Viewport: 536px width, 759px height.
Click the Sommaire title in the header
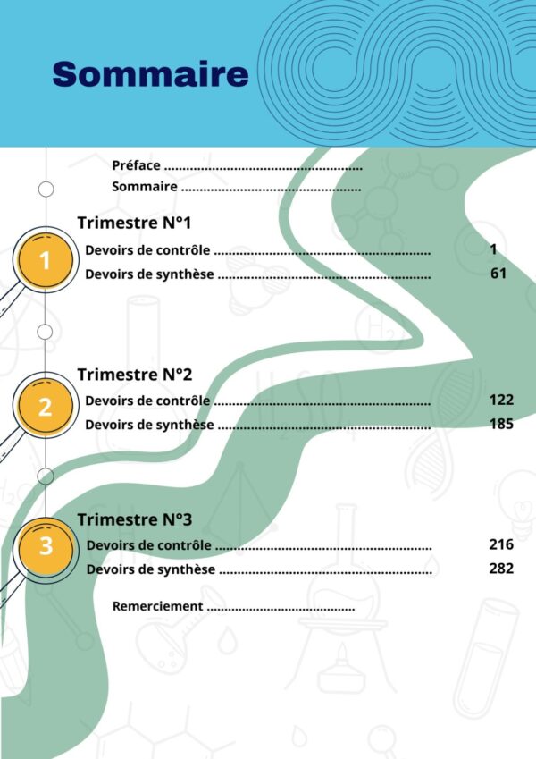(x=150, y=73)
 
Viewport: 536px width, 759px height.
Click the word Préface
(x=137, y=165)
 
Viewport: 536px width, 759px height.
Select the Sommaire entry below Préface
(x=145, y=187)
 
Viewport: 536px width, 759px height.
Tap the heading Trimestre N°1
(x=134, y=223)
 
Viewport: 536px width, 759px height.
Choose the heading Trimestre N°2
(x=134, y=374)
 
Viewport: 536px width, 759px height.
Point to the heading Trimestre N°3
(x=134, y=519)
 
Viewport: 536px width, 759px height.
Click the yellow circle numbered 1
(x=46, y=261)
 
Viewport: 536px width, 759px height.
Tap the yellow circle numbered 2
(x=46, y=407)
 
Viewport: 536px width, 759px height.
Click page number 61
(x=498, y=274)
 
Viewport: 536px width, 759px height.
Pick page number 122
(x=501, y=400)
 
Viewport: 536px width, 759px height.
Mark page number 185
(x=501, y=424)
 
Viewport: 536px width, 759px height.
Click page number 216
(x=501, y=544)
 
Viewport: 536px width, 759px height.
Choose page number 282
(x=501, y=568)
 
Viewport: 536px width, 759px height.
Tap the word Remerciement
(x=157, y=606)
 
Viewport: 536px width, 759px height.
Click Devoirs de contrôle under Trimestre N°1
(x=147, y=250)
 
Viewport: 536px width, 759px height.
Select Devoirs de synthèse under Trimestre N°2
(x=149, y=425)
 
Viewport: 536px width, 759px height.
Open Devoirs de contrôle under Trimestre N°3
(x=149, y=544)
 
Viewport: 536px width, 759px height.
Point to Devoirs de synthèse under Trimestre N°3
(x=151, y=569)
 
